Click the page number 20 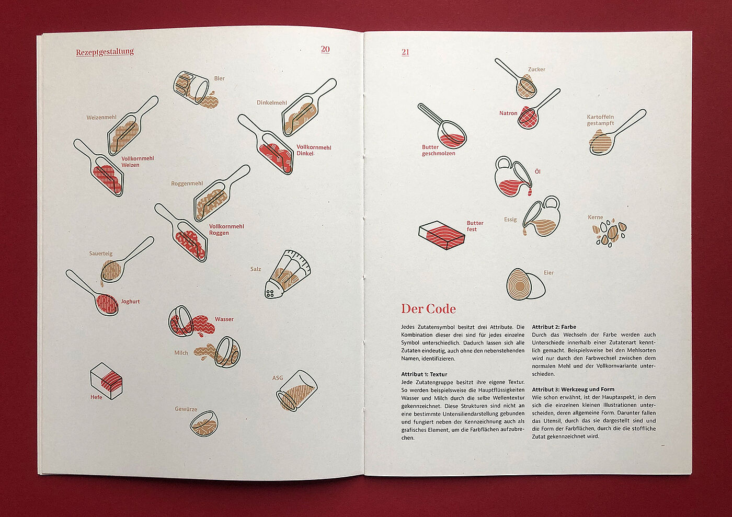[x=325, y=49]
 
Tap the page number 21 [x=405, y=52]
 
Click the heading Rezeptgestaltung [x=105, y=52]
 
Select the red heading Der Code [x=428, y=309]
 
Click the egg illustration [x=525, y=284]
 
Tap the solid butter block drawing [x=441, y=235]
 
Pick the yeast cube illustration [x=106, y=381]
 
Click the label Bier [x=219, y=78]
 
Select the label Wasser [x=224, y=319]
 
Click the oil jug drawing [x=513, y=177]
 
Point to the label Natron [x=508, y=113]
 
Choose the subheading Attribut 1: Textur [x=424, y=374]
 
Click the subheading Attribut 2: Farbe [x=554, y=327]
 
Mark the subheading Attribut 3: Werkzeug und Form [x=573, y=389]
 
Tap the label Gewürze [x=186, y=409]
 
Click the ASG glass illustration [x=296, y=391]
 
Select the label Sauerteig [x=100, y=254]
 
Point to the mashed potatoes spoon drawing [x=614, y=134]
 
